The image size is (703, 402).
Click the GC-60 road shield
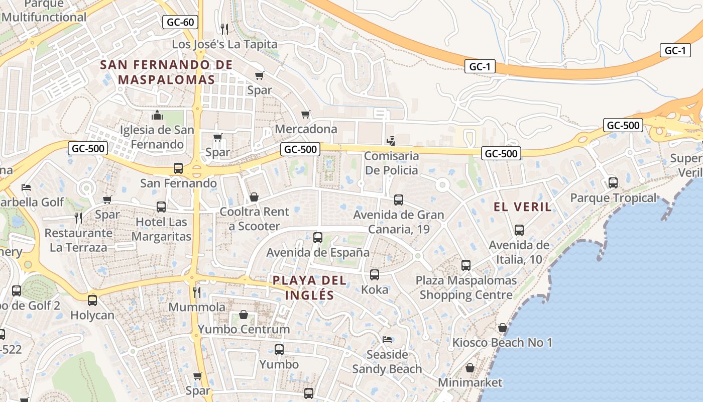click(x=180, y=22)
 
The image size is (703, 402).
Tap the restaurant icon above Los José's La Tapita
click(x=224, y=29)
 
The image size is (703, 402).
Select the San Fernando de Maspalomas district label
click(x=166, y=72)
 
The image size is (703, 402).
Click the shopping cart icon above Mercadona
click(x=305, y=115)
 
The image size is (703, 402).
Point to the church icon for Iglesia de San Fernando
click(x=157, y=116)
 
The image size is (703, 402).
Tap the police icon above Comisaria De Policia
click(x=391, y=141)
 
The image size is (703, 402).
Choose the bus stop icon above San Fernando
click(x=178, y=168)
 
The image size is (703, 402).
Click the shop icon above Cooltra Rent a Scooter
click(x=254, y=197)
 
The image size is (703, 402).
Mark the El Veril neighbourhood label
click(x=522, y=207)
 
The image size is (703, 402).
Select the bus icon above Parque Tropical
click(x=613, y=183)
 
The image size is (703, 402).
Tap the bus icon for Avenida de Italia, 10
click(x=519, y=230)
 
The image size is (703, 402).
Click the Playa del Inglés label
click(x=310, y=287)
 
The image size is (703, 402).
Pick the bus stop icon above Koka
click(x=375, y=275)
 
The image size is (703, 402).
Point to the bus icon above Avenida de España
click(x=318, y=238)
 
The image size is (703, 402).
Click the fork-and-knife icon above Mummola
click(x=197, y=292)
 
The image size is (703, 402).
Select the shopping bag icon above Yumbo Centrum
click(x=244, y=315)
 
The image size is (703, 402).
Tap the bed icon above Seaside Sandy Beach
click(x=387, y=340)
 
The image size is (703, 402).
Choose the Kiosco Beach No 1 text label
click(x=502, y=343)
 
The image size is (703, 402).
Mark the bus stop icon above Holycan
click(x=92, y=300)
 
